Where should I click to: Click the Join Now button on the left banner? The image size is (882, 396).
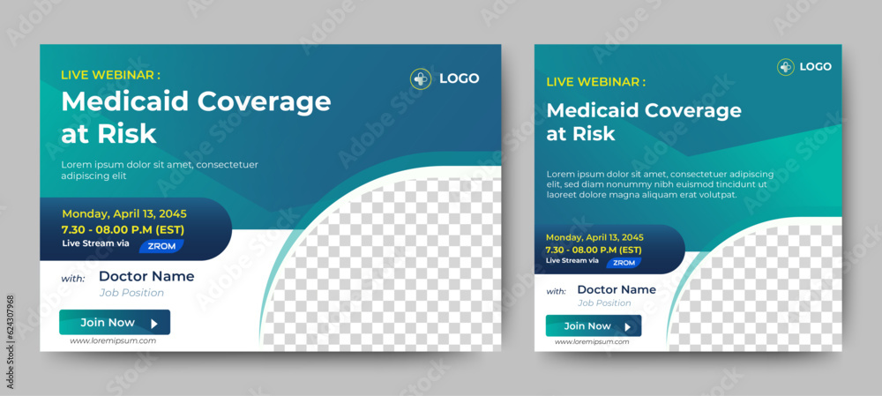[x=114, y=323]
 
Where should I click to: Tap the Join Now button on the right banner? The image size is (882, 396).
[x=593, y=326]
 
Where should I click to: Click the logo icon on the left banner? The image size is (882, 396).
[x=421, y=78]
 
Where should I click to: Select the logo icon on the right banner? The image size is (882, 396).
[x=785, y=67]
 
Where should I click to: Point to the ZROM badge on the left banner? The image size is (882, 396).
[x=160, y=246]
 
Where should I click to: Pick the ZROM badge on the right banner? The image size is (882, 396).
[x=624, y=263]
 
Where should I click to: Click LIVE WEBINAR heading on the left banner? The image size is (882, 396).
[x=110, y=75]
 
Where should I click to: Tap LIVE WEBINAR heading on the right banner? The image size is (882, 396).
[x=595, y=82]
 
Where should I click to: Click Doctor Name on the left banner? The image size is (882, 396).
[x=146, y=276]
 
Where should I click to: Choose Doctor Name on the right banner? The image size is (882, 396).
[x=616, y=289]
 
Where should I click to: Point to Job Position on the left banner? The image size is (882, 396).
[x=131, y=293]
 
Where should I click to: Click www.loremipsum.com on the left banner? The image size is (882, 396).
[x=112, y=341]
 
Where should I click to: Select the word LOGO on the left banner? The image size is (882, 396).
[x=459, y=78]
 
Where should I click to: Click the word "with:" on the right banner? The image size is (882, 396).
[x=556, y=291]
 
